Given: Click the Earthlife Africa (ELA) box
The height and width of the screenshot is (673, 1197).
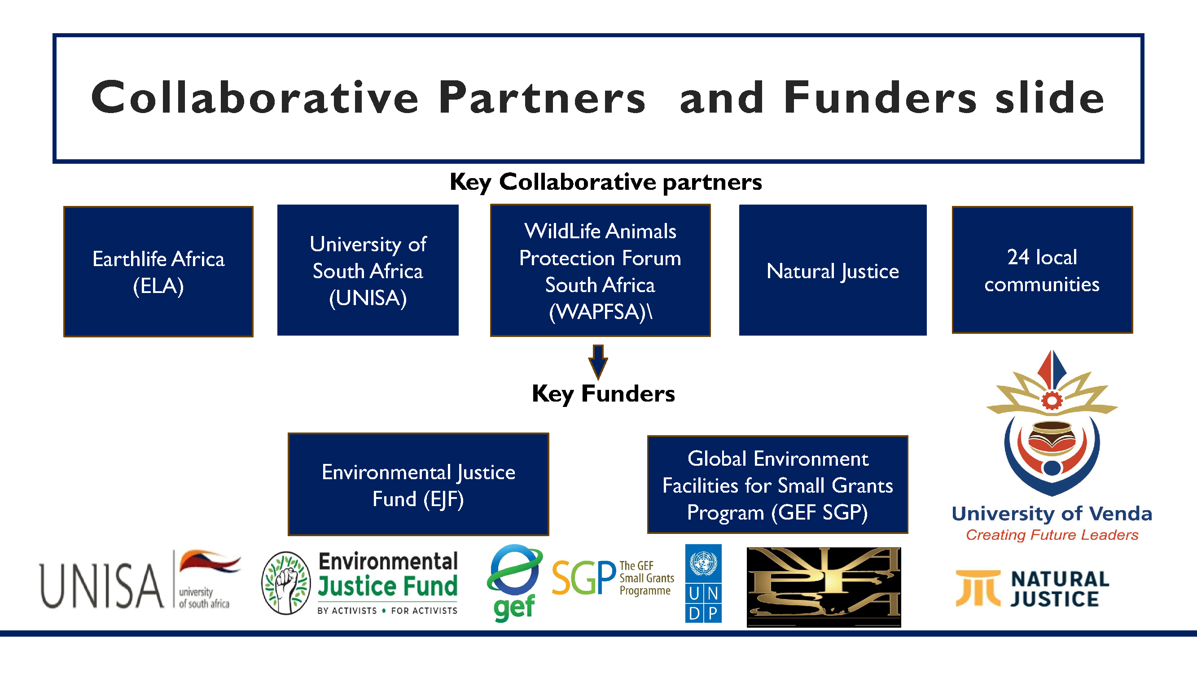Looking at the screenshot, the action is click(158, 272).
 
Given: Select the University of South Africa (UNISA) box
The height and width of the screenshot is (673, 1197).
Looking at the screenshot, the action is click(368, 270).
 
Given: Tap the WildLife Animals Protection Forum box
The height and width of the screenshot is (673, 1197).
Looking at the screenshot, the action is click(601, 270).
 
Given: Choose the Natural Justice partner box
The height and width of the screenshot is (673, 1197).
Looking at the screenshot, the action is click(833, 270).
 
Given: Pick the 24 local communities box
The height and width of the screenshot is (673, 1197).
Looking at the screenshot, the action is click(1042, 270).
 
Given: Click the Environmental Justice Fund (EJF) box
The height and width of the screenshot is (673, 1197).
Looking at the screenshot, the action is click(418, 485).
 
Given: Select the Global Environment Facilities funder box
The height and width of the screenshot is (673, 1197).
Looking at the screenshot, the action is click(777, 485).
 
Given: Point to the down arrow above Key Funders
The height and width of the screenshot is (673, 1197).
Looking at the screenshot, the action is click(598, 362).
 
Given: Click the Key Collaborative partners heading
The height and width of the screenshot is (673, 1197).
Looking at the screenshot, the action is click(606, 182).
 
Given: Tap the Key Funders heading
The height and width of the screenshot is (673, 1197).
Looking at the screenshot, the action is click(603, 394).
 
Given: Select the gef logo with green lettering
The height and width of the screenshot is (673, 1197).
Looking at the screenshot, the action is click(514, 583).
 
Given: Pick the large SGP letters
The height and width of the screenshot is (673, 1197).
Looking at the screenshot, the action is click(583, 578).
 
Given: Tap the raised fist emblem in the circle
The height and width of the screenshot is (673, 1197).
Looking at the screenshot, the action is click(286, 583).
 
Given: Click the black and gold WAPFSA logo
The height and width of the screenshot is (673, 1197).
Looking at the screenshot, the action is click(824, 587).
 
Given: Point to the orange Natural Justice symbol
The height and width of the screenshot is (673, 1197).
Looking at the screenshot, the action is click(978, 589).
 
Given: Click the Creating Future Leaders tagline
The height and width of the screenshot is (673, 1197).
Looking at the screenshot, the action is click(1052, 535).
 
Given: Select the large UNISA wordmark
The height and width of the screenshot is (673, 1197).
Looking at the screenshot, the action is click(102, 586).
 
